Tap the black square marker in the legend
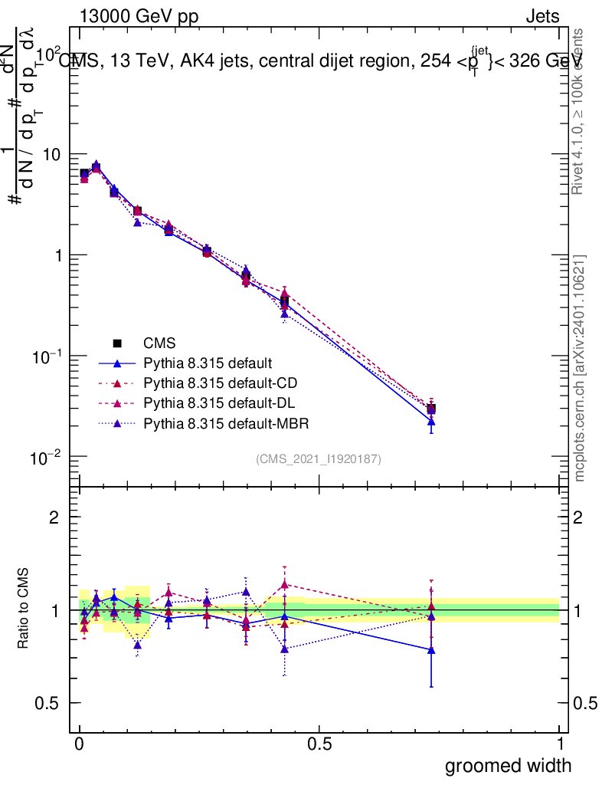pos(118,343)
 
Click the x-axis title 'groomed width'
pos(508,764)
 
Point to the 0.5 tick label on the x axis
pos(319,744)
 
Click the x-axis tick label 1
pos(559,744)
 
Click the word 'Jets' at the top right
pos(542,16)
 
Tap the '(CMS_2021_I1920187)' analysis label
pos(319,459)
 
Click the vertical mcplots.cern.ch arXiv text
pos(580,368)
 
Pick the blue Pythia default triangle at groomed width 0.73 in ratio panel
pos(431,649)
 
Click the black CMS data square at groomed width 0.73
pos(431,409)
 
